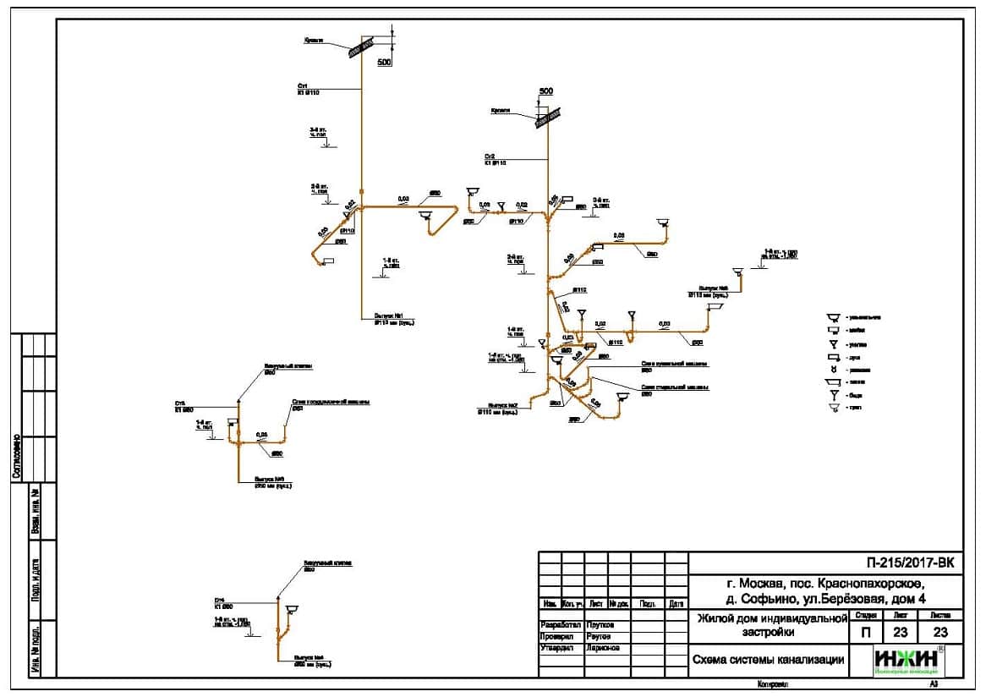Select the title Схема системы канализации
coord(768,660)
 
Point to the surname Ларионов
coord(601,647)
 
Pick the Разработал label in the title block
coord(561,624)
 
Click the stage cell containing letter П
coord(865,632)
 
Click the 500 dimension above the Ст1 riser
coord(384,63)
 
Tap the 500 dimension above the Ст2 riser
coord(545,91)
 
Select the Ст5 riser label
coord(180,403)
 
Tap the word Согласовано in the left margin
coord(16,457)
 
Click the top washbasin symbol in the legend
coord(834,317)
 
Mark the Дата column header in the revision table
coord(677,604)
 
